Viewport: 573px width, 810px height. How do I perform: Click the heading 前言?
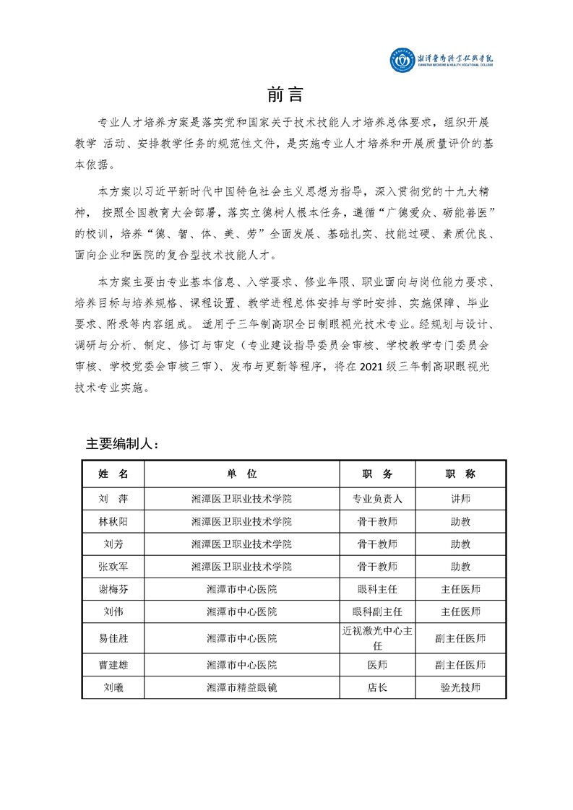285,95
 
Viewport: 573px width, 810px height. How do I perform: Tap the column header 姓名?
113,474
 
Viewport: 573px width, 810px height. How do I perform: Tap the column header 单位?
241,474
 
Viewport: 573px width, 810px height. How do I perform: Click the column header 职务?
377,474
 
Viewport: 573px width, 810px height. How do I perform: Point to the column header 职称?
460,474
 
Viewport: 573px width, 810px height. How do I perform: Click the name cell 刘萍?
113,498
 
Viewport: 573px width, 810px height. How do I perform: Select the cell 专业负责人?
377,498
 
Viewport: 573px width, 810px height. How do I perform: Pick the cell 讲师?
460,498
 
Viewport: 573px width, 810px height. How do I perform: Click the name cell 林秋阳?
113,521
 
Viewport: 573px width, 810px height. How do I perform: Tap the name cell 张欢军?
113,567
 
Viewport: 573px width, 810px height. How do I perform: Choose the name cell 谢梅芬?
113,589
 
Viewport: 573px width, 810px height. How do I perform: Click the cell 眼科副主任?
377,612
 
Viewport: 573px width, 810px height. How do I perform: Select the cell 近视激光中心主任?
377,638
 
